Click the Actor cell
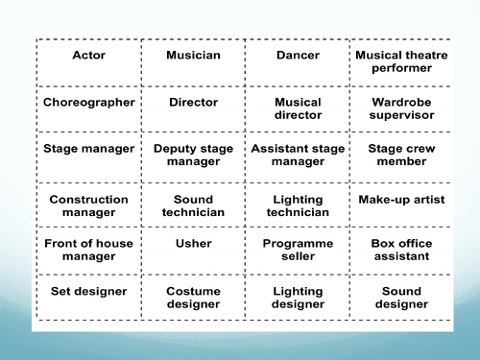pos(89,56)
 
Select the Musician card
pos(193,56)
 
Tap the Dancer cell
pos(298,56)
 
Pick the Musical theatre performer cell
pos(401,61)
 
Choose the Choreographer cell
pos(89,102)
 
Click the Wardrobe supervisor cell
pos(401,108)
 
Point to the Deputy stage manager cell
pos(193,156)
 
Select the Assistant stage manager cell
pos(298,156)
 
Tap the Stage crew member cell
pos(401,156)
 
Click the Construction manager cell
pos(89,205)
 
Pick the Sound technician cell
pos(193,205)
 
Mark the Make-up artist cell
pos(401,200)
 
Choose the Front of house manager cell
pos(89,250)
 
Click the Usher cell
pos(193,244)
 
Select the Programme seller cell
pos(298,250)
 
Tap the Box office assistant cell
pos(401,250)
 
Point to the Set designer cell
pos(89,292)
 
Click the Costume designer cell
pos(193,298)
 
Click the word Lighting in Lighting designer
pos(298,292)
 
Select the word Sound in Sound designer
pos(401,292)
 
